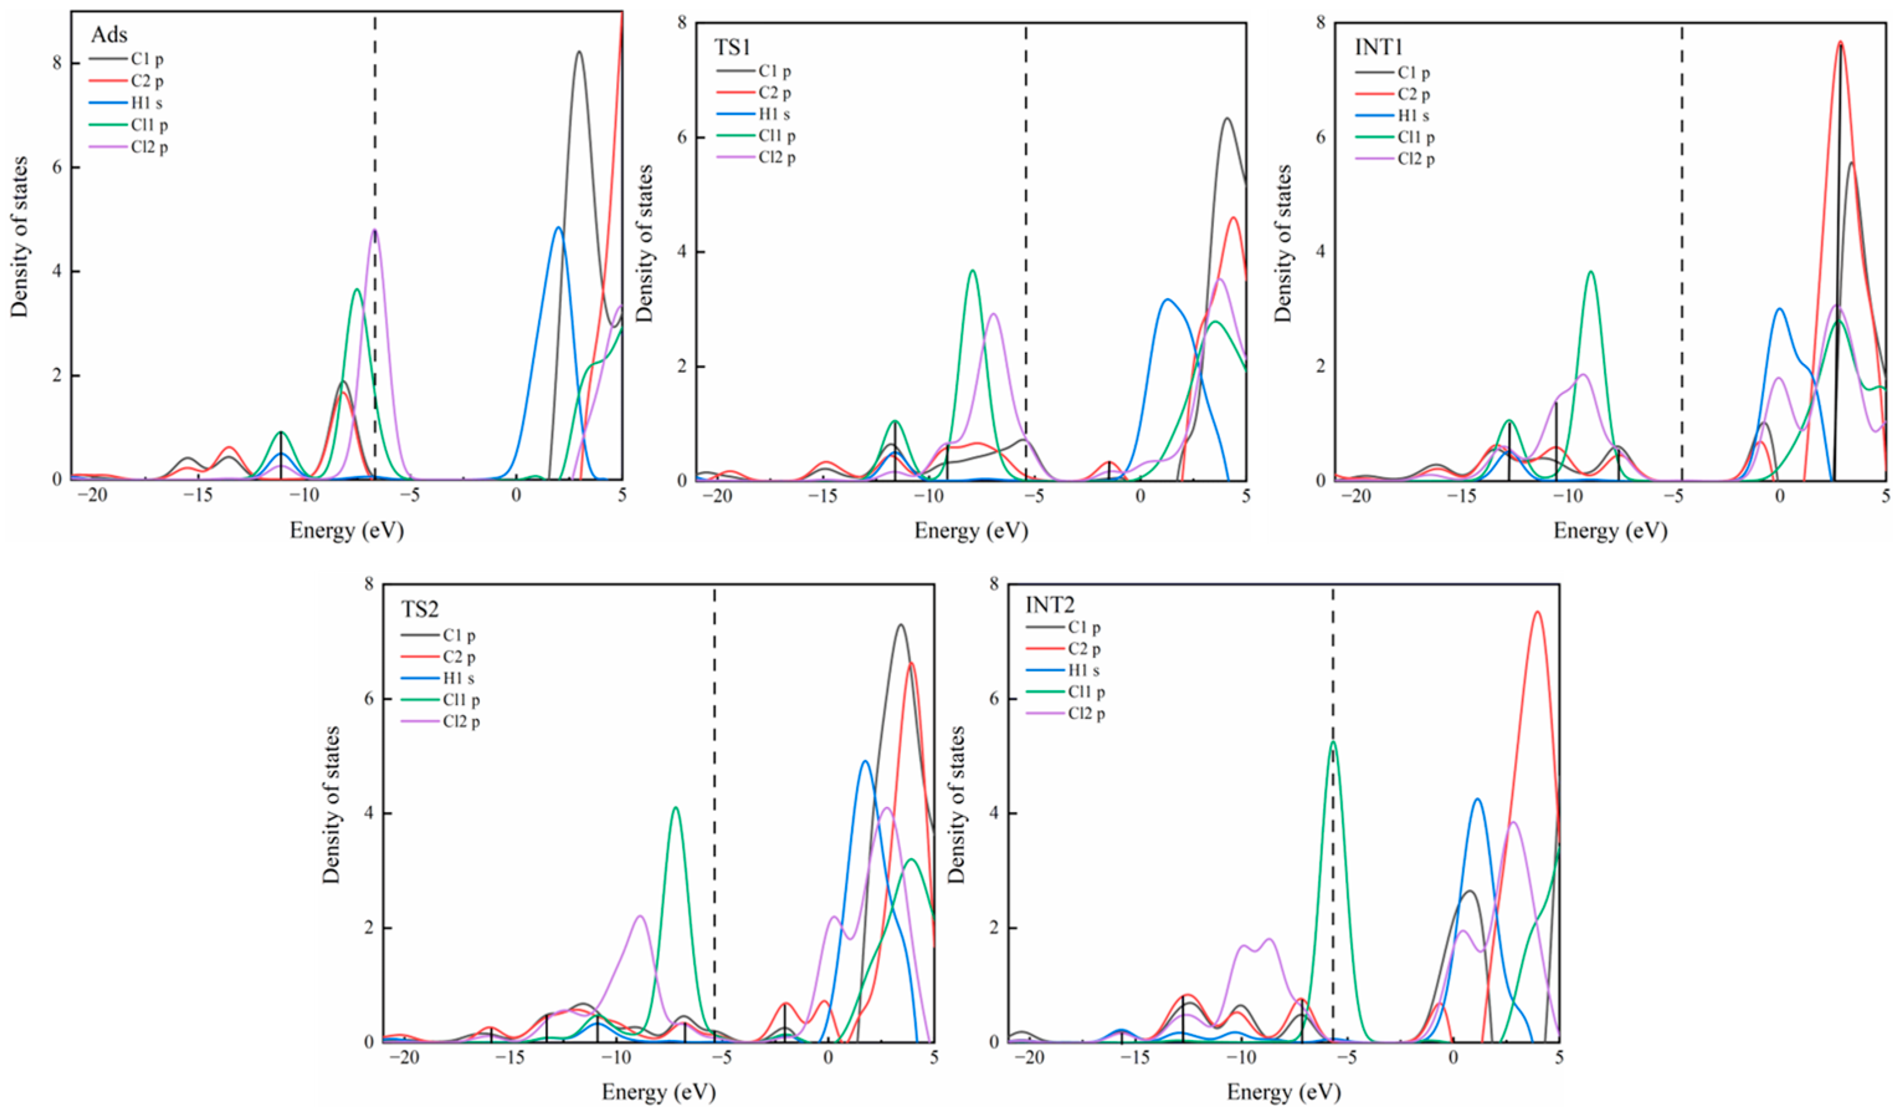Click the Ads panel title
[109, 35]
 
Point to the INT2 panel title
[1050, 605]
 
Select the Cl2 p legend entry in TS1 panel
[777, 157]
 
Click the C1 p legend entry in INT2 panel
[1084, 628]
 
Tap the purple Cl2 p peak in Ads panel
[374, 231]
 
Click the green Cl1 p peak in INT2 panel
[1333, 743]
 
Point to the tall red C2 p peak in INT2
[1537, 613]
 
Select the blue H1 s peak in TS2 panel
[865, 762]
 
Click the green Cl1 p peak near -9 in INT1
[1590, 273]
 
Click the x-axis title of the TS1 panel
[971, 531]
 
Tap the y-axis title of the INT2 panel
[956, 804]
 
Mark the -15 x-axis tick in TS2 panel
[510, 1057]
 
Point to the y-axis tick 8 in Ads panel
[57, 63]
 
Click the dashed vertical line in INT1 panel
[1682, 227]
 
